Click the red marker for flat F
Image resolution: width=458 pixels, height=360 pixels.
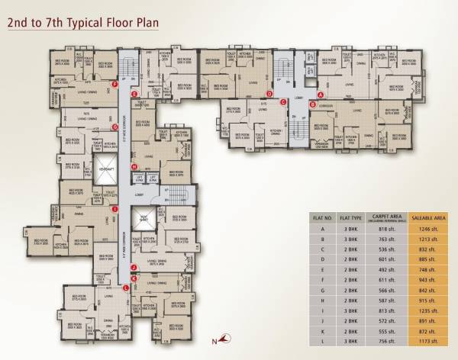[x=114, y=84]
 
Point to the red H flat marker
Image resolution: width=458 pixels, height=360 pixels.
[x=134, y=167]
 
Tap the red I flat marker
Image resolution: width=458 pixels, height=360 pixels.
[x=114, y=208]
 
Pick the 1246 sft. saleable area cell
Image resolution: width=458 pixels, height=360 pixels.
[x=428, y=229]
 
